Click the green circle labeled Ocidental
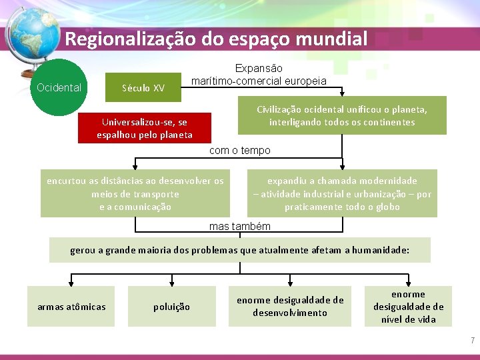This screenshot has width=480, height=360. [x=59, y=87]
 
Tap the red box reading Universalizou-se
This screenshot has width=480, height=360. [x=144, y=129]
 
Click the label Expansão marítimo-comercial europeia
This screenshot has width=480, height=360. [x=259, y=75]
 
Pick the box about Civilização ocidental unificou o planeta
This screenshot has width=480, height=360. [x=342, y=115]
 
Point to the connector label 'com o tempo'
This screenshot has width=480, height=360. [x=240, y=151]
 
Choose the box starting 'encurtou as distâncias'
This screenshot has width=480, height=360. [x=135, y=193]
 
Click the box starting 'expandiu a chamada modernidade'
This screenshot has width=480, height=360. [x=342, y=193]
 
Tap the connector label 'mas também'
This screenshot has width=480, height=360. [x=240, y=227]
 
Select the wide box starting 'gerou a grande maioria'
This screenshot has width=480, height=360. [x=240, y=250]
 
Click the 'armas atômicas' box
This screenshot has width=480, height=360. [x=71, y=306]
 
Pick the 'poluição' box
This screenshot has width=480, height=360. [x=172, y=306]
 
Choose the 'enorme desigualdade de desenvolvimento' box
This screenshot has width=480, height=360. [x=290, y=306]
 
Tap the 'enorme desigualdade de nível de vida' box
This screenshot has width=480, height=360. [x=408, y=306]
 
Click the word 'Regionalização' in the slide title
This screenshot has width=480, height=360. [x=130, y=39]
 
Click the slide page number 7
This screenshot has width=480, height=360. [x=473, y=341]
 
